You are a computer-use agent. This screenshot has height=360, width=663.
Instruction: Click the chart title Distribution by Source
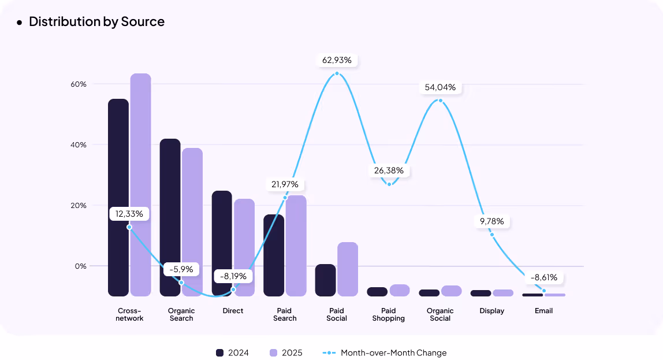[96, 22]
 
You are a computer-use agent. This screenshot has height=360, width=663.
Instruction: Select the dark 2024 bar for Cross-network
[118, 196]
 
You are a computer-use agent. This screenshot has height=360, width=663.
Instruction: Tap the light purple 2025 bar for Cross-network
[140, 185]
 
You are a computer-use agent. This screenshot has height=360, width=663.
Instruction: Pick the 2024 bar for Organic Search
[170, 217]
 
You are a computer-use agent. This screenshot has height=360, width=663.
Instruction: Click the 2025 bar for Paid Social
[348, 269]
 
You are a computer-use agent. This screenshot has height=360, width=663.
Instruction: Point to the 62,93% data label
[337, 60]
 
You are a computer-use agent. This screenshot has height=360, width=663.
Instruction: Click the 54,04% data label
[440, 87]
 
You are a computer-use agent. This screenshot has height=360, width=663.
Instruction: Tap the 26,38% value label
[389, 171]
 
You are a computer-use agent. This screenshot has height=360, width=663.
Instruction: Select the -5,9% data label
[181, 269]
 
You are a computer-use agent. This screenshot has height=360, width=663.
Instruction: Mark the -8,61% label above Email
[544, 277]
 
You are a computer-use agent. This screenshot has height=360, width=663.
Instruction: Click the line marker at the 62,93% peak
[337, 73]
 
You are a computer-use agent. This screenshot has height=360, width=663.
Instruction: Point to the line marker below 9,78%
[492, 235]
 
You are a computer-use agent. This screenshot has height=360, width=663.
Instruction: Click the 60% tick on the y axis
[79, 84]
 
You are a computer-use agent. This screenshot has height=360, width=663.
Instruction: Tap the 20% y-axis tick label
[79, 205]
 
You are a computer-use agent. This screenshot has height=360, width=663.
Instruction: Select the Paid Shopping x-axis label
[389, 314]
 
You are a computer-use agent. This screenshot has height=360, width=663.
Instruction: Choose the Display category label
[492, 311]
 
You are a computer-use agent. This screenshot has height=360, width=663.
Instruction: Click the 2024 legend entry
[232, 352]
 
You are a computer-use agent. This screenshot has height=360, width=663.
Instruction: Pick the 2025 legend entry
[286, 352]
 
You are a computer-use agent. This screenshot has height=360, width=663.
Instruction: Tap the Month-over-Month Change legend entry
[385, 352]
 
